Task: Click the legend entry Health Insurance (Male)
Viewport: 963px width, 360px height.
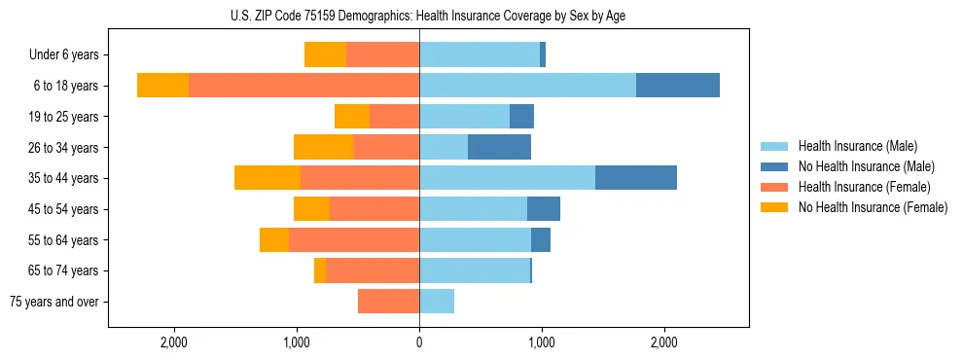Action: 857,146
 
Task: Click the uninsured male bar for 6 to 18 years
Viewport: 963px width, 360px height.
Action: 678,86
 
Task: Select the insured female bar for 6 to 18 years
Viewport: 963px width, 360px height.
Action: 303,86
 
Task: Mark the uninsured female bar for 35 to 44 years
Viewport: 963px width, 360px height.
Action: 267,178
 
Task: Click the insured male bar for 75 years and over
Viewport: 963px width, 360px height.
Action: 437,302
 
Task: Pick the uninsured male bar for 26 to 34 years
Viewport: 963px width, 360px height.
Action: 499,147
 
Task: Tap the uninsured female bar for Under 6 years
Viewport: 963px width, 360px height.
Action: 325,55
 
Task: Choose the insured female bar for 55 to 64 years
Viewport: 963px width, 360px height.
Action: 354,239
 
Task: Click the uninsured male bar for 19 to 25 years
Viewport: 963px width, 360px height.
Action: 521,117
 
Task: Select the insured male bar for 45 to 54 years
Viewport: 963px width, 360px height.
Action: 473,209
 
